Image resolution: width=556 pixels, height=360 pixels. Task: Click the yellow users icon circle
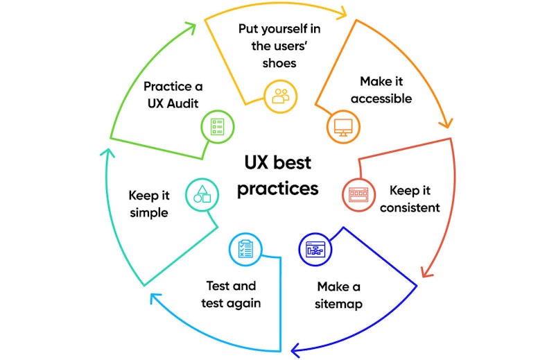pyautogui.click(x=281, y=96)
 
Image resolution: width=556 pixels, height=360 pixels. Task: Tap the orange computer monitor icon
pyautogui.click(x=343, y=127)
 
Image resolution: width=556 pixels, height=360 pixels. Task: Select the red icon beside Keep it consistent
pyautogui.click(x=359, y=195)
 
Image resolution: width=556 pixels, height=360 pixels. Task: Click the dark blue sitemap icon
pyautogui.click(x=315, y=249)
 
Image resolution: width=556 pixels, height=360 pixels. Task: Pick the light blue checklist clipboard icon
pyautogui.click(x=245, y=249)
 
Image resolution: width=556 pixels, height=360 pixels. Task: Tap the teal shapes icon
pyautogui.click(x=202, y=195)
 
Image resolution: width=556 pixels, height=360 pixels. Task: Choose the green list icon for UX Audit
pyautogui.click(x=218, y=127)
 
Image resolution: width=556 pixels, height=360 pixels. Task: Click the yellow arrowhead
pyautogui.click(x=341, y=12)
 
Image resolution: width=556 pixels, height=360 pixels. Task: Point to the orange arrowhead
pyautogui.click(x=446, y=122)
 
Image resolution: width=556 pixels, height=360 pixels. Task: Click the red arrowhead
pyautogui.click(x=426, y=272)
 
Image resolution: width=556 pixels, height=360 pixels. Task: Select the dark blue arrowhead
pyautogui.click(x=297, y=350)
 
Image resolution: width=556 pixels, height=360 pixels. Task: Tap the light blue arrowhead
pyautogui.click(x=155, y=298)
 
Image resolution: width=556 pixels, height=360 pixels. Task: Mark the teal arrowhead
pyautogui.click(x=107, y=153)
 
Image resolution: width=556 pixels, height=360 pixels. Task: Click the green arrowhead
pyautogui.click(x=191, y=28)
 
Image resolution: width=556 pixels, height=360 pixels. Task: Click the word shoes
pyautogui.click(x=279, y=63)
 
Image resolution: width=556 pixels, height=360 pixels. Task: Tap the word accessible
pyautogui.click(x=381, y=98)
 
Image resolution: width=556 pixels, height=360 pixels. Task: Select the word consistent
pyautogui.click(x=410, y=207)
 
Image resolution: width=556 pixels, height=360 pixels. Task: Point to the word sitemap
pyautogui.click(x=338, y=304)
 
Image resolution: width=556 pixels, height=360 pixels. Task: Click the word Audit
pyautogui.click(x=182, y=103)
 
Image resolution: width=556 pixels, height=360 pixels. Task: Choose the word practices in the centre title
pyautogui.click(x=277, y=189)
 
